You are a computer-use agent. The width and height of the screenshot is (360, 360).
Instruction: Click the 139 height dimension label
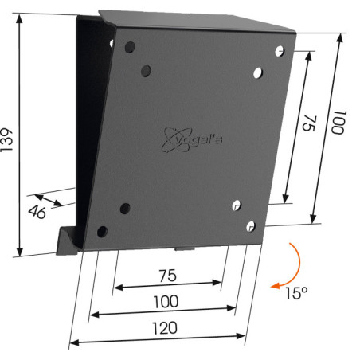pos(6,140)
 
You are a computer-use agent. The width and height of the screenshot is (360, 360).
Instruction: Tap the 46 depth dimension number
pos(37,212)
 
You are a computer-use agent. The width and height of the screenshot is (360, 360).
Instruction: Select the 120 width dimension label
pos(165,328)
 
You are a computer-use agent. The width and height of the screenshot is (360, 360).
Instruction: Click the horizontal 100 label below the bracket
pos(166,301)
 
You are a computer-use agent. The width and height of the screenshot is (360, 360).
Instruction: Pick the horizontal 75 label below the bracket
pos(168,276)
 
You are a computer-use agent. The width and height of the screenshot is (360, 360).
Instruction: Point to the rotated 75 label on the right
pos(310,123)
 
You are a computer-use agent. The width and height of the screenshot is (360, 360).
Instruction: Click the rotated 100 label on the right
pos(338,123)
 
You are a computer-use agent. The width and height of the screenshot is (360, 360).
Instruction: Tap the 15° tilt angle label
pos(296,293)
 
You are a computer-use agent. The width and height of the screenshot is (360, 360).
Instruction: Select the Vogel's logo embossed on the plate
pos(191,140)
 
